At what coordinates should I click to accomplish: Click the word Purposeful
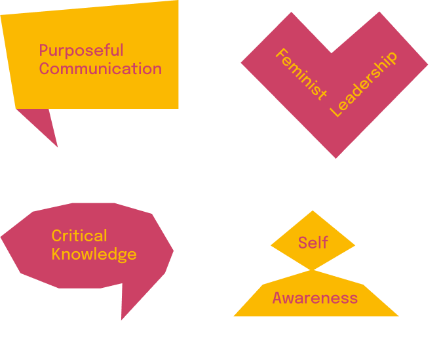(81, 50)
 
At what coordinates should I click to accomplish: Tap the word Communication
(100, 68)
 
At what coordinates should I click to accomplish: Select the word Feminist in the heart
(300, 74)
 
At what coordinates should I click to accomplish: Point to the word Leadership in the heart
(363, 85)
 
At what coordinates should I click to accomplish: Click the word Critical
(79, 236)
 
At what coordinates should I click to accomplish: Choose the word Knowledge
(94, 254)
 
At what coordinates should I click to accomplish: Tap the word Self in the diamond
(313, 243)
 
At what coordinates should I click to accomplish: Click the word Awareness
(315, 298)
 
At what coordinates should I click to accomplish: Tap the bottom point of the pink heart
(336, 156)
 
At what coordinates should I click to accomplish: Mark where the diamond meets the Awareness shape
(313, 270)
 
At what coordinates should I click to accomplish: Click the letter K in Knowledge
(56, 254)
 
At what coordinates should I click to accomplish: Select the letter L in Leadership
(336, 112)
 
